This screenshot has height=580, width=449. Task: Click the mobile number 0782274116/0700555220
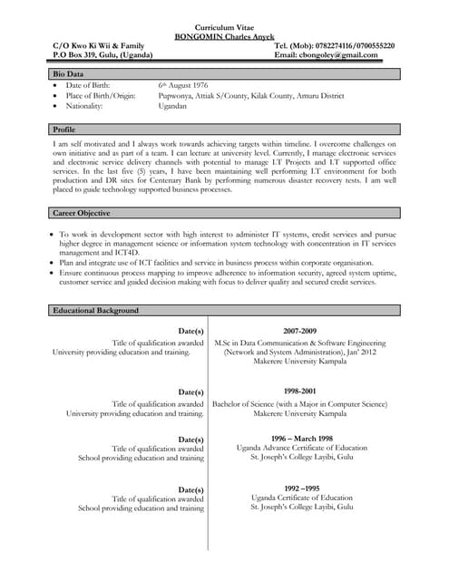coord(348,45)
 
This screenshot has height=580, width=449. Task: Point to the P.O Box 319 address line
coord(102,55)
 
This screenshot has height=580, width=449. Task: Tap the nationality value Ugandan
coord(172,106)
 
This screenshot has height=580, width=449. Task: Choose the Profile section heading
coord(64,130)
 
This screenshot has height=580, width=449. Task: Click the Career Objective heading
coord(82,213)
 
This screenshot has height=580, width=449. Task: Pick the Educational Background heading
coord(95,311)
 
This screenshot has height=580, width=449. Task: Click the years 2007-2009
coord(299,331)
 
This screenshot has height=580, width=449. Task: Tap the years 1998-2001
coord(299,391)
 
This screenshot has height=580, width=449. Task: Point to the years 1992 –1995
coord(301,488)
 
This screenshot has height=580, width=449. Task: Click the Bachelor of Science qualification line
coord(299,403)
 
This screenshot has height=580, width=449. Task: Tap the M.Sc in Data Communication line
coord(299,343)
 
